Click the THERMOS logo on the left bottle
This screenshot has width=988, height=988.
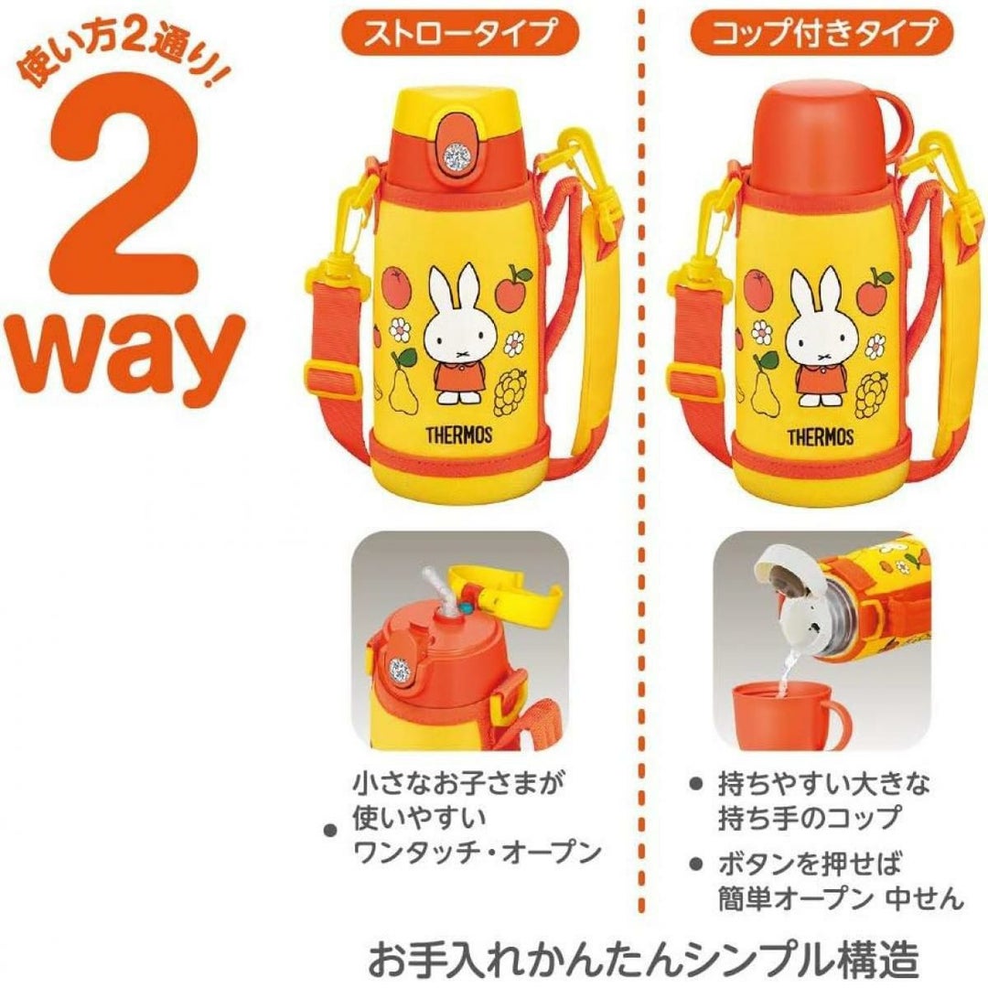(x=458, y=435)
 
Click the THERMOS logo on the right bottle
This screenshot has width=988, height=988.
(x=821, y=436)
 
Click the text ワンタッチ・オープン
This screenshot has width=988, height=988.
(x=477, y=853)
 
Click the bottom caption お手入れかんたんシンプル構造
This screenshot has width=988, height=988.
(x=643, y=959)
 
